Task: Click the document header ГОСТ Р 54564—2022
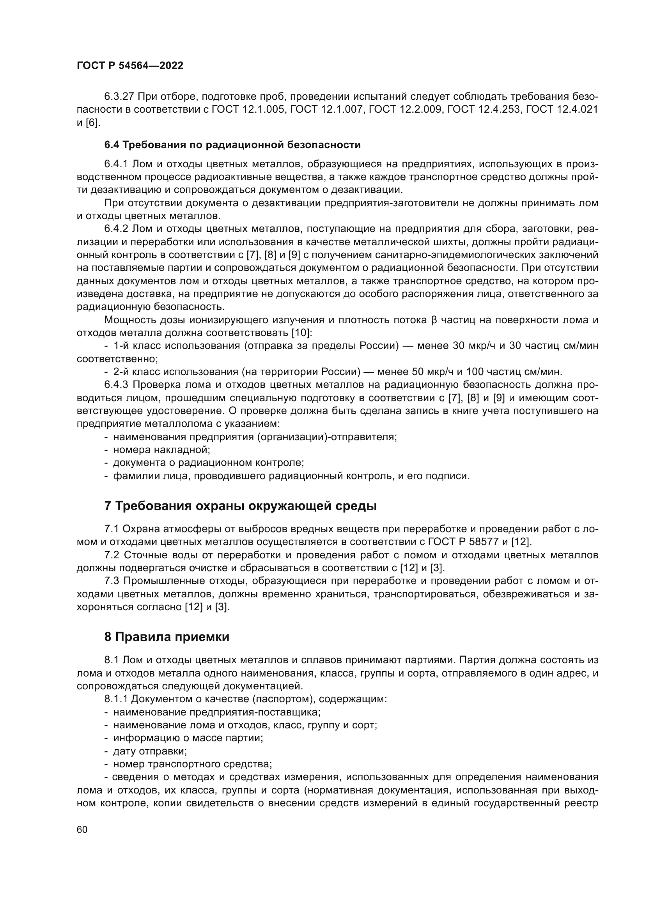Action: coord(130,66)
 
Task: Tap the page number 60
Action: coord(82,830)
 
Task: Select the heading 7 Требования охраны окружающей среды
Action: coord(240,506)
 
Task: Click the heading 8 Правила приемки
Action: coord(167,637)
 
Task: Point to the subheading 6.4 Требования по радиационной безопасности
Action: coord(232,145)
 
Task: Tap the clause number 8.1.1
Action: coord(116,699)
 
